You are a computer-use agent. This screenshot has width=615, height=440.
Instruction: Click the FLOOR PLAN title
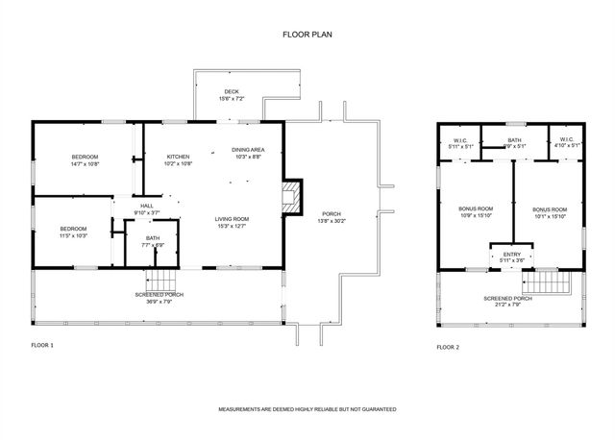click(x=307, y=34)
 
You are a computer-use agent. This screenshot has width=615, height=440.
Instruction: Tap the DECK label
click(x=232, y=92)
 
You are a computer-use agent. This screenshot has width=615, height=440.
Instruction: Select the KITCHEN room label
click(x=179, y=157)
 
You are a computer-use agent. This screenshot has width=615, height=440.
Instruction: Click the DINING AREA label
click(x=248, y=150)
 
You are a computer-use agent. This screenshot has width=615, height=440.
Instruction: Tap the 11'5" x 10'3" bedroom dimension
click(x=74, y=235)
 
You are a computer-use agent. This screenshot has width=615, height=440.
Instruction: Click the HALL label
click(x=147, y=206)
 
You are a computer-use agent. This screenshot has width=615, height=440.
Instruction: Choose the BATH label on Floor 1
click(x=153, y=238)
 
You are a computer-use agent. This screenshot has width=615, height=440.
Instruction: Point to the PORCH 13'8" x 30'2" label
click(x=332, y=214)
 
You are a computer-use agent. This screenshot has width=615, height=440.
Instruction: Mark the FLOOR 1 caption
click(x=42, y=343)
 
